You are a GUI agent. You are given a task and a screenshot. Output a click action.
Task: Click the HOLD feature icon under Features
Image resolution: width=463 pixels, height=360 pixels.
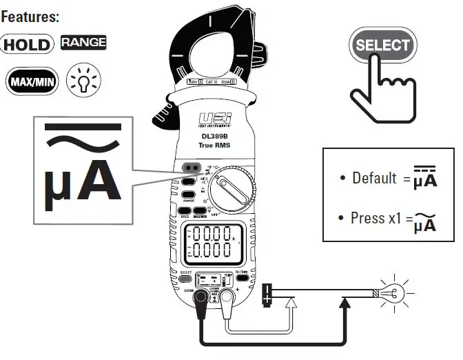click(27, 45)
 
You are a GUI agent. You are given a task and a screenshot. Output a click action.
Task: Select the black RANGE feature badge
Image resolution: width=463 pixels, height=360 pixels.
click(83, 43)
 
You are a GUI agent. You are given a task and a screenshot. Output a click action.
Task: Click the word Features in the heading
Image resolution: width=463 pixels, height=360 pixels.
click(30, 14)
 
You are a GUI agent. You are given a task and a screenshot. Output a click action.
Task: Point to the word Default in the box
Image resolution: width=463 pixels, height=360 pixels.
click(374, 178)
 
